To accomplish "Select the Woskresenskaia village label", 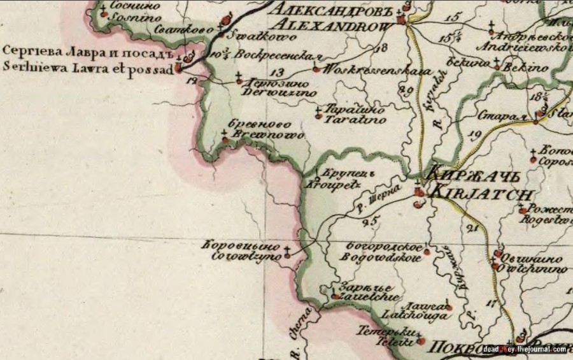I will pyautogui.click(x=369, y=69).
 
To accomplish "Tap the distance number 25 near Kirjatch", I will pyautogui.click(x=369, y=221).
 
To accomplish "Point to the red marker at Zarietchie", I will pyautogui.click(x=336, y=296).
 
